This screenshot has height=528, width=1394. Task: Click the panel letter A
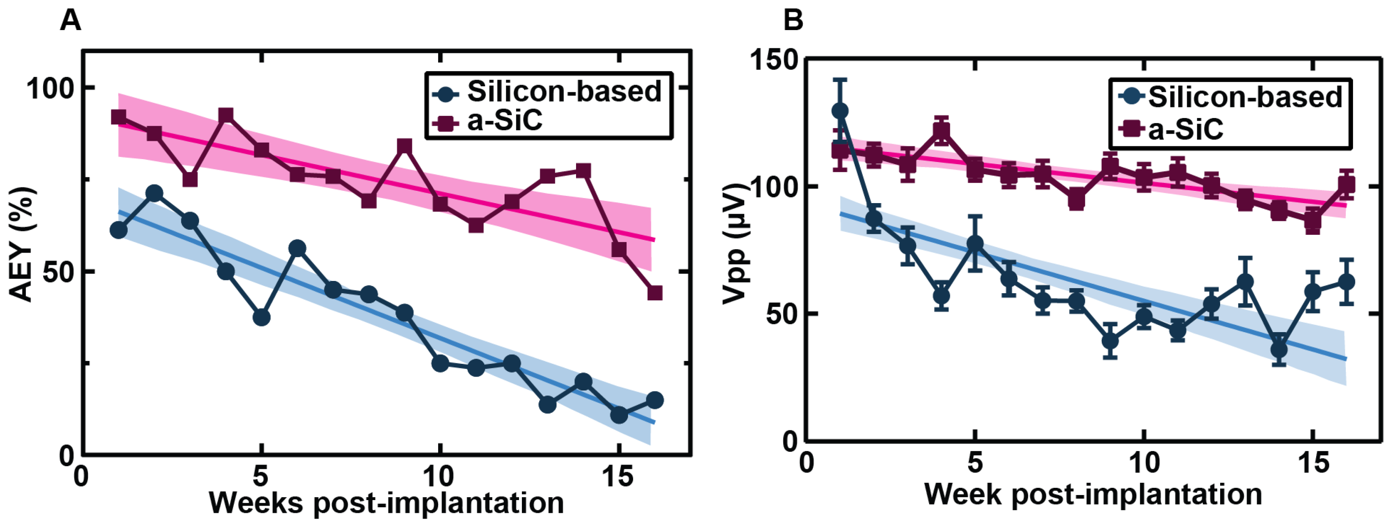tap(70, 21)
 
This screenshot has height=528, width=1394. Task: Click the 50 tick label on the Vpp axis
tap(783, 314)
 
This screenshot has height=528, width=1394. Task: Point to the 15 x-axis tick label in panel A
tap(617, 476)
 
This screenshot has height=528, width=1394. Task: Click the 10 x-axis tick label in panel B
tap(1144, 463)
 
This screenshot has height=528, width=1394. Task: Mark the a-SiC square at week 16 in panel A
tap(654, 293)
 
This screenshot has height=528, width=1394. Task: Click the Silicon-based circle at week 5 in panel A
tap(261, 317)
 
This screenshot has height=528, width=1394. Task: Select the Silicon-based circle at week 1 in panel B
tap(840, 111)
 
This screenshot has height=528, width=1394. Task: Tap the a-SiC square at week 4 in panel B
tap(941, 131)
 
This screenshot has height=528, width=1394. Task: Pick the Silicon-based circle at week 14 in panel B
tap(1279, 350)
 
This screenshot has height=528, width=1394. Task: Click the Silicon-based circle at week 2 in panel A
tap(155, 193)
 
